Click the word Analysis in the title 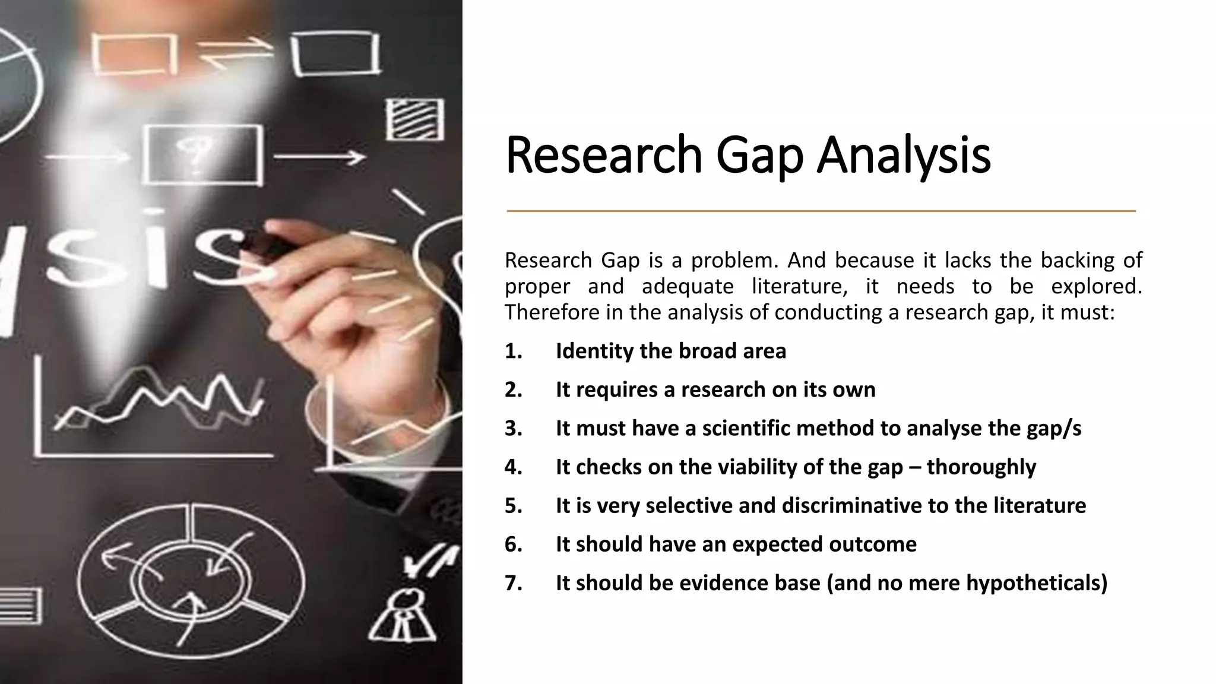903,156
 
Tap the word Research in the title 603,156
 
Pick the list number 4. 513,467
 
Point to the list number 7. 513,583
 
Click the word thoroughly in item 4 981,467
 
